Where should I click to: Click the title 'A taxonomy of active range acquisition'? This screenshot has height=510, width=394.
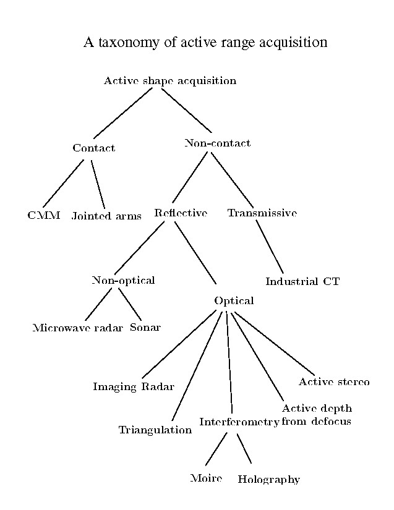205,43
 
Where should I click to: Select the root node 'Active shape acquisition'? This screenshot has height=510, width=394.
169,81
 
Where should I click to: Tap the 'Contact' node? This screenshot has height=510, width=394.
93,148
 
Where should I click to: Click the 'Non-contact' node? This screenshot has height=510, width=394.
217,143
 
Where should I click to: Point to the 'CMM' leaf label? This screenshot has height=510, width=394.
43,215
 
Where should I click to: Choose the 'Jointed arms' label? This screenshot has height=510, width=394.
106,216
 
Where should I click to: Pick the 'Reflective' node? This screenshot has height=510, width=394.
180,213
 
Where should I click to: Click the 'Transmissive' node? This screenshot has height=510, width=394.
262,213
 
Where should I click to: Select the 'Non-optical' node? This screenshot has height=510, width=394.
123,280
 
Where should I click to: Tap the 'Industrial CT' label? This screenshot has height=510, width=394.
302,281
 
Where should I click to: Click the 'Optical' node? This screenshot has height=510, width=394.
234,300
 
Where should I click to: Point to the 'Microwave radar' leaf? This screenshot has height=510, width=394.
77,328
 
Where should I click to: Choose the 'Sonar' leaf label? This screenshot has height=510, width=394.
145,327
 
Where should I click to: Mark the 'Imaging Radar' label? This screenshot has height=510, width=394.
133,387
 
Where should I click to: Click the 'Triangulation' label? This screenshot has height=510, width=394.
155,430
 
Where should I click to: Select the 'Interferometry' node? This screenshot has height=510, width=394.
239,422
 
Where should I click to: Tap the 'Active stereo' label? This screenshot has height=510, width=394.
334,381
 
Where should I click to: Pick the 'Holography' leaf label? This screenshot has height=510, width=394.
268,479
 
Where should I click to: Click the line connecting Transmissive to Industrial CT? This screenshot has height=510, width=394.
270,247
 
